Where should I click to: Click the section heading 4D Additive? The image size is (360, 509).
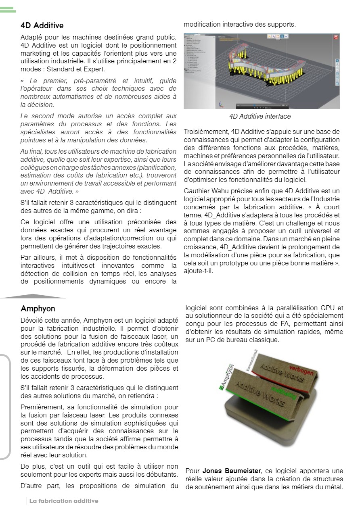point(42,25)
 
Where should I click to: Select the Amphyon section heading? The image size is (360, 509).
point(38,309)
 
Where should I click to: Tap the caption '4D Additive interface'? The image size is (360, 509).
point(260,117)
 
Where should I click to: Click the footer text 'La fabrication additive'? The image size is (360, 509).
point(63,501)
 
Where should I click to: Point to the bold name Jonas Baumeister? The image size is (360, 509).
point(232,471)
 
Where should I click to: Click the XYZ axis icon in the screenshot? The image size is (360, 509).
point(221,104)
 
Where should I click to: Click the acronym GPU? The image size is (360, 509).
point(327,308)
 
